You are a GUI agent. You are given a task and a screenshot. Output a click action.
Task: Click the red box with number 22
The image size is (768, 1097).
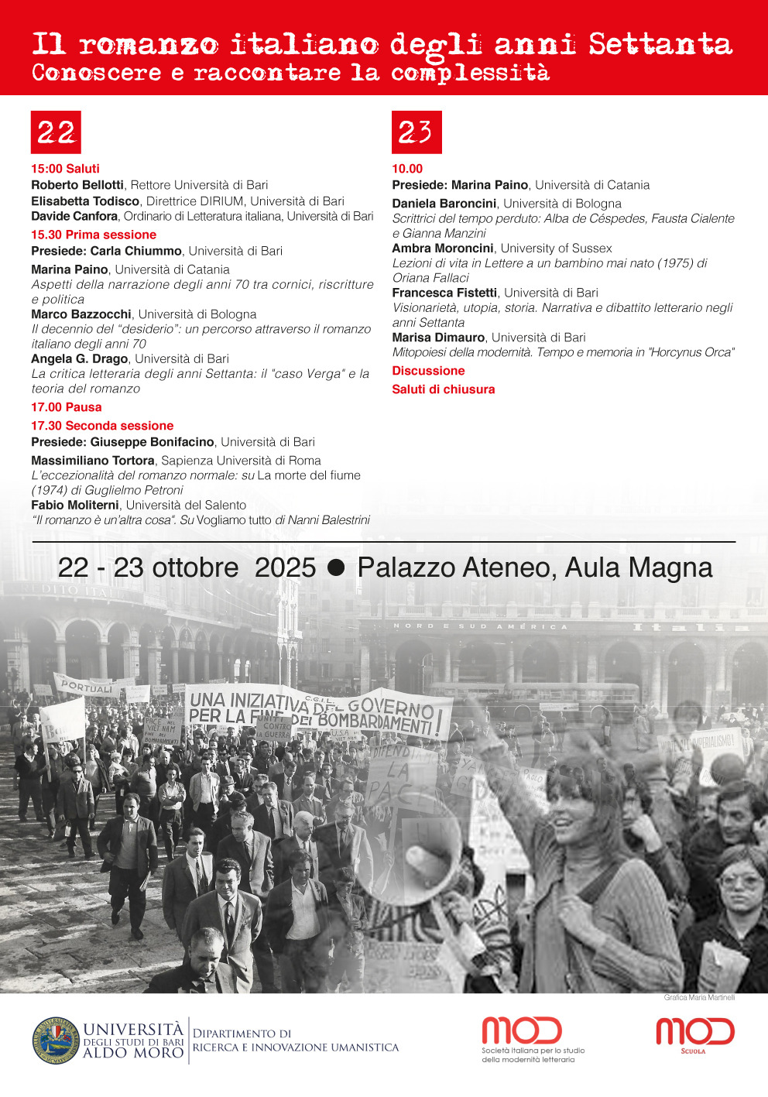pos(56,132)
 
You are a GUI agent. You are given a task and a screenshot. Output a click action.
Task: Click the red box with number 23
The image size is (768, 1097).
pos(417,132)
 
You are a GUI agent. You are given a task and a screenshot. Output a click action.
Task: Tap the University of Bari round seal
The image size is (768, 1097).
pos(56,1040)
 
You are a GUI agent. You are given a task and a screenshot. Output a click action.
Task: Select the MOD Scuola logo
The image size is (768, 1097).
pos(694,1034)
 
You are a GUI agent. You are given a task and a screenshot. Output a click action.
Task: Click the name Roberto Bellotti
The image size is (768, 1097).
pos(77,185)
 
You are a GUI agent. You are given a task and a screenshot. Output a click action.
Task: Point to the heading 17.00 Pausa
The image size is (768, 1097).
pos(67,407)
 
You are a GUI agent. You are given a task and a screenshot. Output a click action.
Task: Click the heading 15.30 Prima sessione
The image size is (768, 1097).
pos(94,235)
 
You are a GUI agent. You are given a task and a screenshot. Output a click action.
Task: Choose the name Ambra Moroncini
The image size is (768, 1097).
pos(442,249)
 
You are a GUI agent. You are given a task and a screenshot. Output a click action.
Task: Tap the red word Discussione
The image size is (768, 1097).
pos(428,371)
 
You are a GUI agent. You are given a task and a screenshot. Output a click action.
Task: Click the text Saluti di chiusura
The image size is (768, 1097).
pos(443,389)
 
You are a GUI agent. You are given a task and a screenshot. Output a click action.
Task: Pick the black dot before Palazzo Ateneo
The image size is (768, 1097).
pos(336,567)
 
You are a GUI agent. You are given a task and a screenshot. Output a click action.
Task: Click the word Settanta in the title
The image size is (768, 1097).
pos(660,44)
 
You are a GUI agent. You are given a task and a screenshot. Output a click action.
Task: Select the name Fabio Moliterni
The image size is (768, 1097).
pos(75,506)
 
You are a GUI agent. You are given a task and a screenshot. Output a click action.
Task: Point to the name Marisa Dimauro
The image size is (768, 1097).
pos(438,338)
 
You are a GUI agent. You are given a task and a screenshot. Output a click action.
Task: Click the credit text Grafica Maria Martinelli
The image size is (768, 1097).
pos(699,997)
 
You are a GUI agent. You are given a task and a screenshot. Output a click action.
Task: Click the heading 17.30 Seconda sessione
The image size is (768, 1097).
pos(102,426)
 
